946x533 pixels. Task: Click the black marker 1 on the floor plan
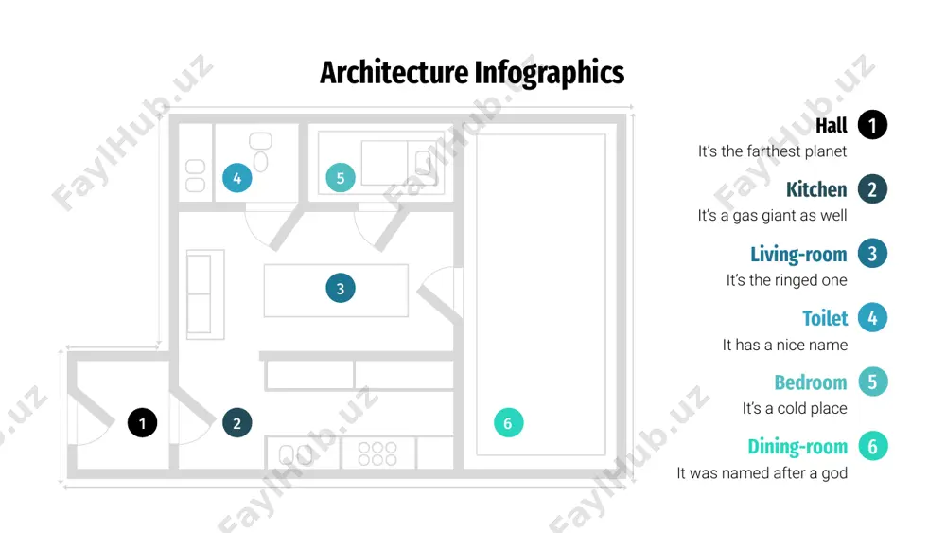coord(143,422)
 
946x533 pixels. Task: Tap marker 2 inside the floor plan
coord(237,422)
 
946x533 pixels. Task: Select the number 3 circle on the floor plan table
coord(341,288)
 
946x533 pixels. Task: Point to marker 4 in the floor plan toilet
coord(237,177)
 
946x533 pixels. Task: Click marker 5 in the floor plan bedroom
coord(341,177)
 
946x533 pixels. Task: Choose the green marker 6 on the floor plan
coord(508,422)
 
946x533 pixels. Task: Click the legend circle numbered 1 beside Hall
coord(872,125)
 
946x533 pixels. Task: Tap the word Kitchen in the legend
coord(816,189)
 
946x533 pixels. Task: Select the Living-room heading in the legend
coord(798,254)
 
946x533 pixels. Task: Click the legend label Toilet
coord(825,318)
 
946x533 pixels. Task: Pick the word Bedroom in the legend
coord(811,382)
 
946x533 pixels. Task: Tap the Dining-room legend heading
coord(797,447)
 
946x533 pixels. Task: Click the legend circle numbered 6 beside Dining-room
coord(872,446)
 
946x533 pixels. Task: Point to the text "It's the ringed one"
coord(786,280)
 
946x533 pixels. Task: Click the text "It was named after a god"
coord(762,472)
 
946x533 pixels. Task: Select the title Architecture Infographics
coord(472,73)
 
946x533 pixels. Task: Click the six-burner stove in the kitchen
coord(377,453)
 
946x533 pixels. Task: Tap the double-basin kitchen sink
coord(296,453)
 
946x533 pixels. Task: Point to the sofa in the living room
coord(205,294)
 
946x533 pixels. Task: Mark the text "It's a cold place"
coord(795,409)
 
